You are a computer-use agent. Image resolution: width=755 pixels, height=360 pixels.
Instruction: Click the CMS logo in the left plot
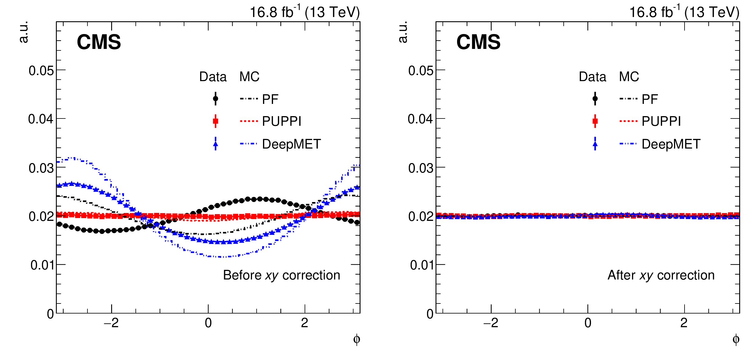coord(99,42)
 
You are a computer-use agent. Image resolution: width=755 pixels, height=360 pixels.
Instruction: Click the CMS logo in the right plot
coord(478,42)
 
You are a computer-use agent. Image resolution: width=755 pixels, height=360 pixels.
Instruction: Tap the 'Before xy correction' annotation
coord(282,275)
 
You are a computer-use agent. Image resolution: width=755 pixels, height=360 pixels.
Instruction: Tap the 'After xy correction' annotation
coord(661,275)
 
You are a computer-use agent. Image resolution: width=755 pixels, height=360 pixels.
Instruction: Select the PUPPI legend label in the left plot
coord(282,121)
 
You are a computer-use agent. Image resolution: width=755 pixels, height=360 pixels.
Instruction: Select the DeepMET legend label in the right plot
coord(671,144)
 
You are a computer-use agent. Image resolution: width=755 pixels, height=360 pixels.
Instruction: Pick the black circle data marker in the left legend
coord(216,99)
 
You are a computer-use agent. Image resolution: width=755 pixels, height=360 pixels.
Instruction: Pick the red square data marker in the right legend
coord(595,121)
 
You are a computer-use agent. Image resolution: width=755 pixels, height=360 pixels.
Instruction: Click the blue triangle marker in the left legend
coord(216,144)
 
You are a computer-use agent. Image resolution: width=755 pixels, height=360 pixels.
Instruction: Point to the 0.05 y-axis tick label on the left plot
coord(41,70)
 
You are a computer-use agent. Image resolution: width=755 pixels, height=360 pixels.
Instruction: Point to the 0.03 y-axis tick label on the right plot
coord(421,168)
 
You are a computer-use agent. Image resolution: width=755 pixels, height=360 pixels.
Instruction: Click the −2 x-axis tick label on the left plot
coord(111,323)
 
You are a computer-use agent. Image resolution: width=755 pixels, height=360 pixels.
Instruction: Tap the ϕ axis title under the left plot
coord(357,339)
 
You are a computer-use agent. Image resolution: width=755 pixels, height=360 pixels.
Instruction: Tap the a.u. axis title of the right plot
coord(403,32)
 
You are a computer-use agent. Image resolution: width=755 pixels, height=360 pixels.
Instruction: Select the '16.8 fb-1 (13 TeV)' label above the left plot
coord(305,12)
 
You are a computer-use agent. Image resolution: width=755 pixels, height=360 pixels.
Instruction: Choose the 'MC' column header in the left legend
coord(249,77)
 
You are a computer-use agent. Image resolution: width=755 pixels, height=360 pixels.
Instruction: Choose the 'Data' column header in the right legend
coord(592,77)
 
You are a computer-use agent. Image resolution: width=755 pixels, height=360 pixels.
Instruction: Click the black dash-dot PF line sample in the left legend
coord(249,99)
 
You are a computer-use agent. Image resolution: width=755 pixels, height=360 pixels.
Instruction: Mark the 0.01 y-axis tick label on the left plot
coord(42,265)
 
